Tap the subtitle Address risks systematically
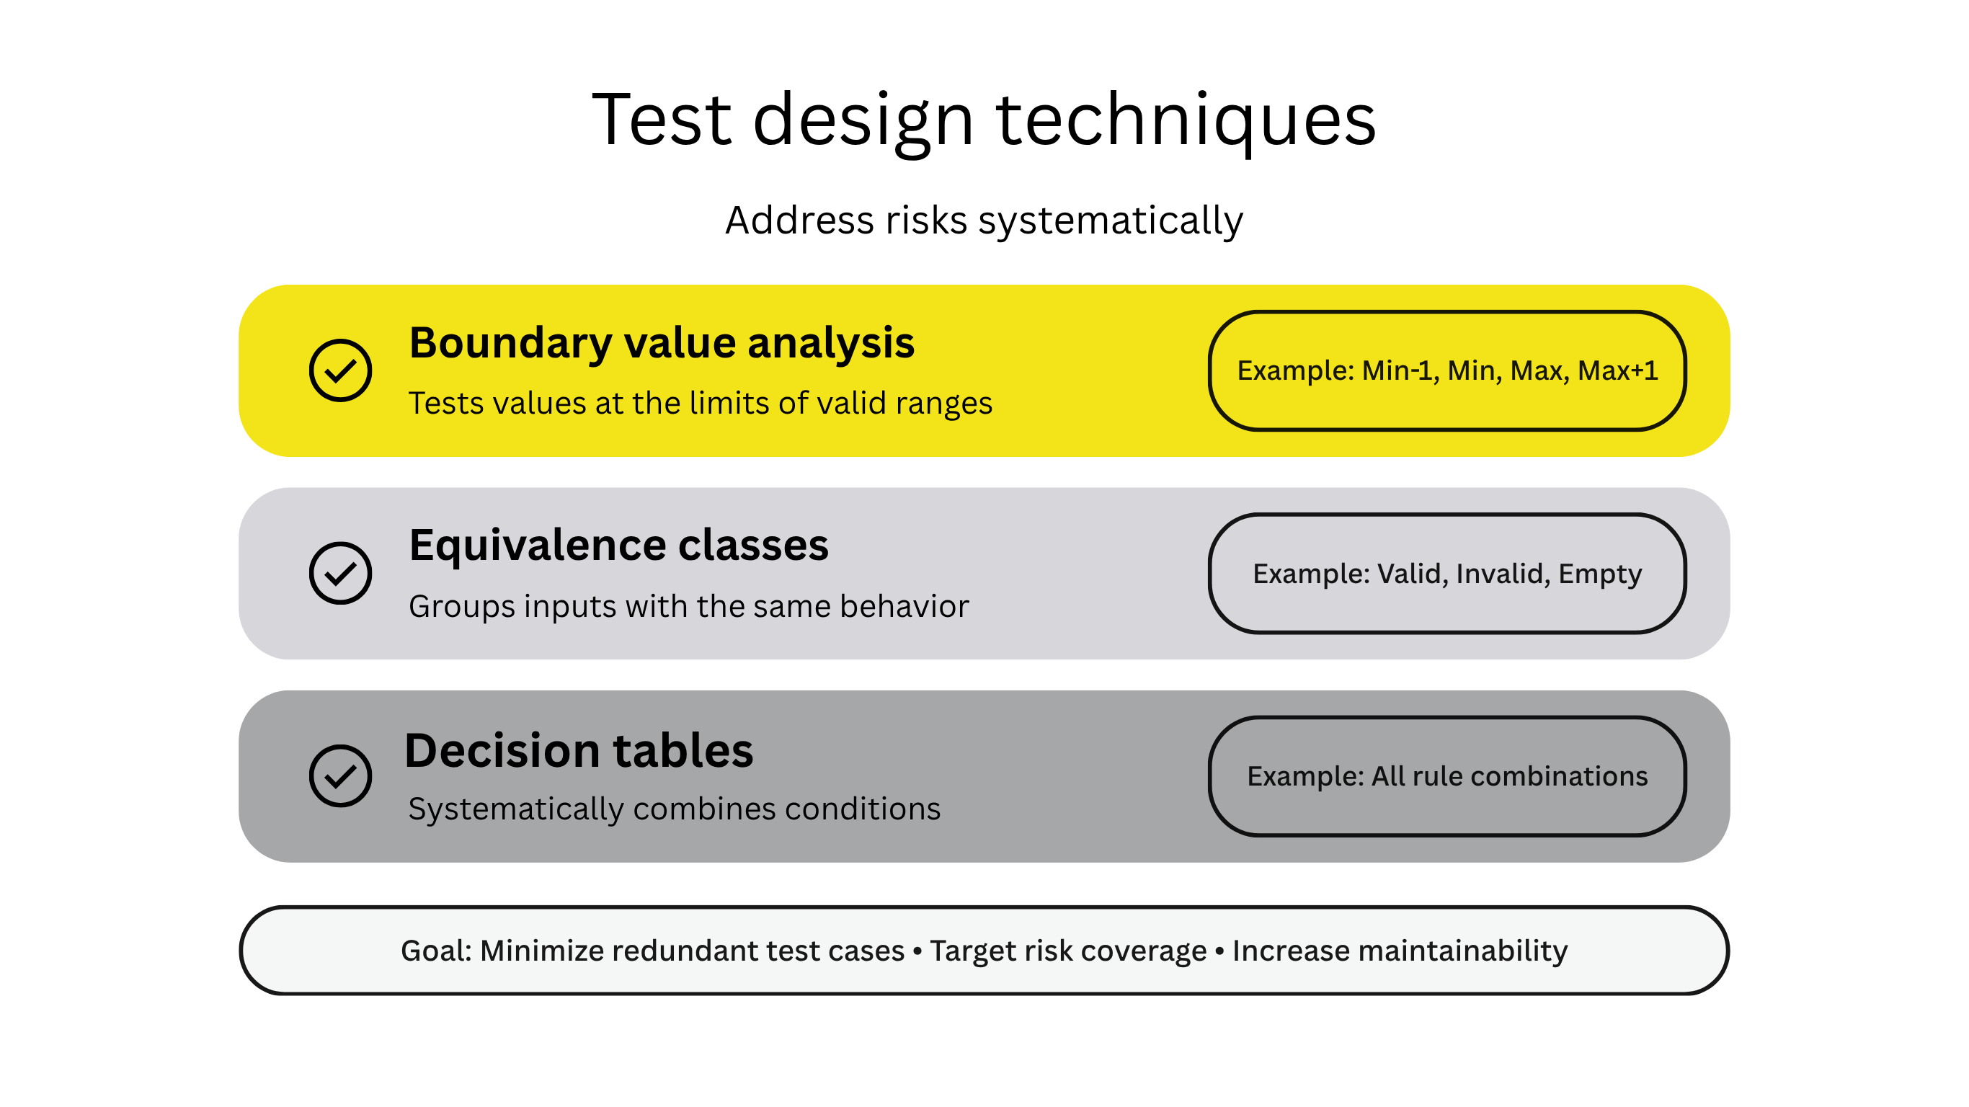984,221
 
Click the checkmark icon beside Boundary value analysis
340,370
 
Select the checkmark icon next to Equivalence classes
340,574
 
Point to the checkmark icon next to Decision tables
340,776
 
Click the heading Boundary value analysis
661,342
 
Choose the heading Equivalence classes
618,545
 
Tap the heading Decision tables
579,750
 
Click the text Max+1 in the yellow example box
1617,370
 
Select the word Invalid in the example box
1503,574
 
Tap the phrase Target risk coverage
1068,951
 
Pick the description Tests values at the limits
700,403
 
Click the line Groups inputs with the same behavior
688,606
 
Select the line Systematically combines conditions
674,809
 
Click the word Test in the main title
661,120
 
